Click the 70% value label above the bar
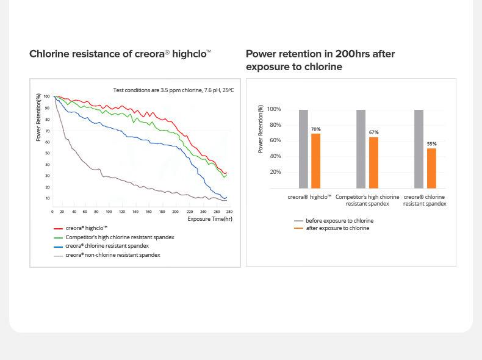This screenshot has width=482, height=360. (x=315, y=129)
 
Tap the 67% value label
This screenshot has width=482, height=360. (x=373, y=132)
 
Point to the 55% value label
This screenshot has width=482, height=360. (x=431, y=144)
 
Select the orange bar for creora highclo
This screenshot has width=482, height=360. (x=315, y=160)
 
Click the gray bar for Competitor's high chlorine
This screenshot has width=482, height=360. (x=361, y=149)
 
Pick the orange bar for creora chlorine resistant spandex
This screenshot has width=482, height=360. (x=431, y=168)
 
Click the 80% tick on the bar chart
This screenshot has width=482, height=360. (x=274, y=125)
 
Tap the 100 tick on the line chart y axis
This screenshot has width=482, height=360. (x=46, y=96)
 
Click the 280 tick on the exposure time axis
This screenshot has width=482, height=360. (x=229, y=212)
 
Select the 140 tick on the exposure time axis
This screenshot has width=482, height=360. (x=135, y=212)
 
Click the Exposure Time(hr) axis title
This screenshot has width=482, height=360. (x=209, y=219)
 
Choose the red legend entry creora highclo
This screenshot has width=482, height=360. (x=86, y=228)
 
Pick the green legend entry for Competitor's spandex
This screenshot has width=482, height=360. (x=120, y=237)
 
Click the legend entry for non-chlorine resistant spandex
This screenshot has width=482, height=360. (x=112, y=255)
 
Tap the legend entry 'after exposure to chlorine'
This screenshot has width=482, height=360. (x=337, y=228)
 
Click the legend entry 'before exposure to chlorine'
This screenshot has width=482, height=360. (x=339, y=221)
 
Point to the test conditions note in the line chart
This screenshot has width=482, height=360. (x=173, y=90)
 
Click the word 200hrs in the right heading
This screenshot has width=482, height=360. (x=353, y=54)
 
